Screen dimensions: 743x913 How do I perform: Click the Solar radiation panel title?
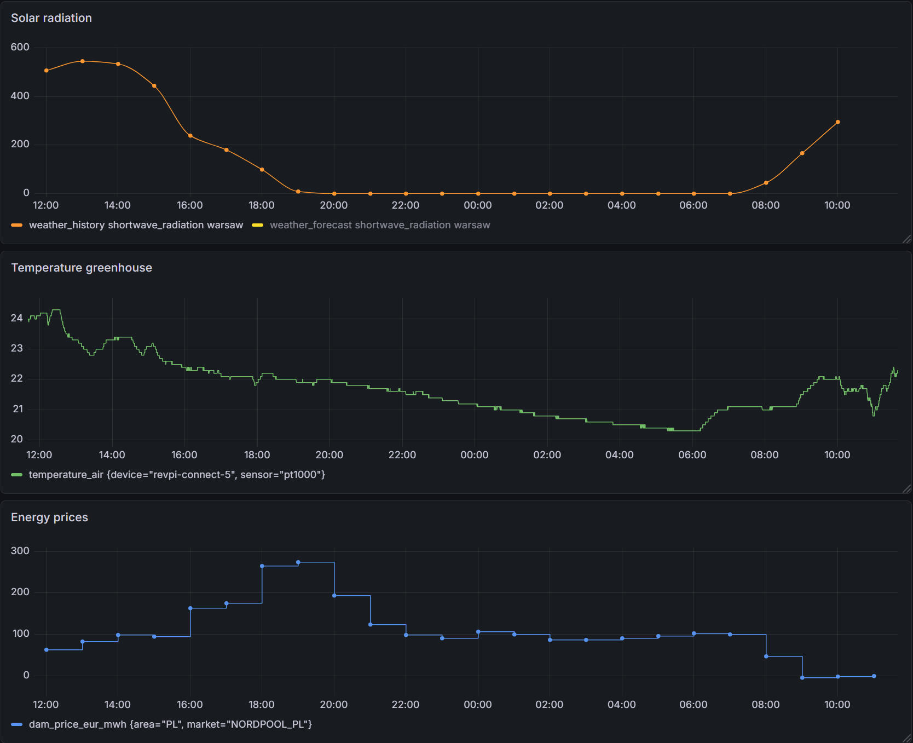pos(51,18)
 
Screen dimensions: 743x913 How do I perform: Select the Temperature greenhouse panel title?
pos(82,268)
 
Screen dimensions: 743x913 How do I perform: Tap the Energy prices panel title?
pos(49,517)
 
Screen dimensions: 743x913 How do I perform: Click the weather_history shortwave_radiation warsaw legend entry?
pos(136,225)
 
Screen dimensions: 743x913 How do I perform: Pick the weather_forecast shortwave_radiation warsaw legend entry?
pos(379,225)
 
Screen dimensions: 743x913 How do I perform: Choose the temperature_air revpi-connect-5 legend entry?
pos(176,475)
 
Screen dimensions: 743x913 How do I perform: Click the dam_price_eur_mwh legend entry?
pos(170,724)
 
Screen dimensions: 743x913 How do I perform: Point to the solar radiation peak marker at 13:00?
pos(83,61)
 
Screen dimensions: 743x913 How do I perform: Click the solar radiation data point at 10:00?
pos(837,122)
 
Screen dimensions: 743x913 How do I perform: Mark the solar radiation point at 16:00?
pos(190,136)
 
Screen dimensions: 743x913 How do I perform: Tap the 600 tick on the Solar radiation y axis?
pos(20,47)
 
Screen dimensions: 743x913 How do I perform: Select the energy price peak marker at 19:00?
pos(298,562)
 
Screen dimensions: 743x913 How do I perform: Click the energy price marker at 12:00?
pos(47,650)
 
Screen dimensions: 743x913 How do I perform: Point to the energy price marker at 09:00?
pos(802,678)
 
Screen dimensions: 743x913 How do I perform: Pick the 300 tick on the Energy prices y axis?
pos(20,551)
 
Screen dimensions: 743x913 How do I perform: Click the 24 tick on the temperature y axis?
pos(17,318)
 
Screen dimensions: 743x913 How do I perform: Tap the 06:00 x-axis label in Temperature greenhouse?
pos(692,455)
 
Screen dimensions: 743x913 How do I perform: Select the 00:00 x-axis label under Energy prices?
pos(478,705)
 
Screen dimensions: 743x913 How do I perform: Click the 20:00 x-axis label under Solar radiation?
pos(334,205)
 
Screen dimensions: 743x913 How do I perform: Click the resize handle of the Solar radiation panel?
pos(906,239)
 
